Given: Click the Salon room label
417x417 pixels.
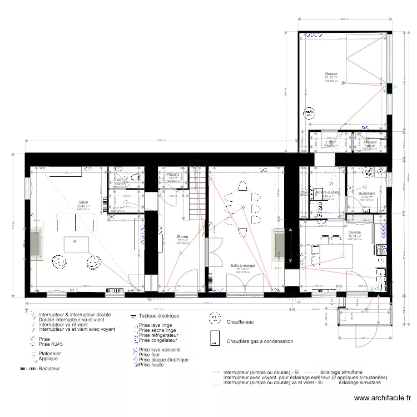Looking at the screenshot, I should pyautogui.click(x=83, y=202).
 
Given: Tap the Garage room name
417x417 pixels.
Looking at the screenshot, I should pyautogui.click(x=331, y=73).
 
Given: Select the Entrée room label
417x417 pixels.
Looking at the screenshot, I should pyautogui.click(x=182, y=236).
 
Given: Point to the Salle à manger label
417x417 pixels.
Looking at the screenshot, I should pyautogui.click(x=243, y=266).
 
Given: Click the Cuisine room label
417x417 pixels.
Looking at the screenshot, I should pyautogui.click(x=355, y=232).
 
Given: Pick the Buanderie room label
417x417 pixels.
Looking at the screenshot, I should pyautogui.click(x=366, y=193).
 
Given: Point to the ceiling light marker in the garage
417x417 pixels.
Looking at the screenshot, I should pyautogui.click(x=343, y=83).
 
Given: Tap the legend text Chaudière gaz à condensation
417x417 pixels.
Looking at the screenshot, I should pyautogui.click(x=260, y=341).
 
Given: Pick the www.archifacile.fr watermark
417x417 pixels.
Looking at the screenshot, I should pyautogui.click(x=383, y=398).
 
